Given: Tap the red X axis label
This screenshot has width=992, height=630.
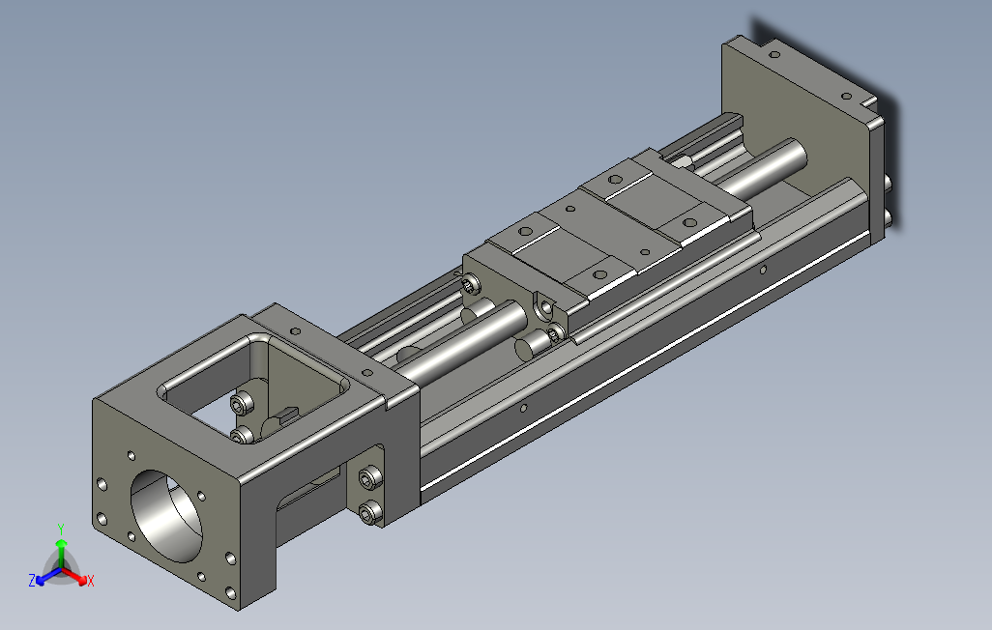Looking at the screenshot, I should [90, 581].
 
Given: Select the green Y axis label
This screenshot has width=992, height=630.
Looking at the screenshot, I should [60, 529].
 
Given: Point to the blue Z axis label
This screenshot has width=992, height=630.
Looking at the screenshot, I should [32, 581].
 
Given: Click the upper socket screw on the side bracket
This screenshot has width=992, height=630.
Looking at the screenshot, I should [368, 477].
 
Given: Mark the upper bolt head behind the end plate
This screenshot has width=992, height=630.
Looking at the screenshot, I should [887, 181].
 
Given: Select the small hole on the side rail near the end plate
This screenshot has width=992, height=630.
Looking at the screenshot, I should [763, 271].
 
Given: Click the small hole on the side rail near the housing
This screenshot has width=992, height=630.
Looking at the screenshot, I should [523, 408].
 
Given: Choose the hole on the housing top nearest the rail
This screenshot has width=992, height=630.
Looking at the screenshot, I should [368, 371].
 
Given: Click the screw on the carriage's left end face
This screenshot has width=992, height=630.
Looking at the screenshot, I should [471, 284].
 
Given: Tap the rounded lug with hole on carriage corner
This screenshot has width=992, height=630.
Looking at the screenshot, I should [546, 308].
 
